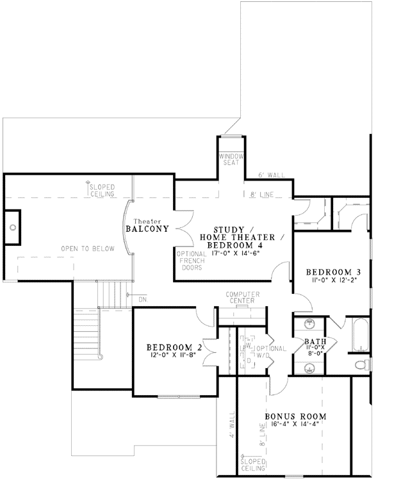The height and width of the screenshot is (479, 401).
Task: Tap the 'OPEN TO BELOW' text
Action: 88,248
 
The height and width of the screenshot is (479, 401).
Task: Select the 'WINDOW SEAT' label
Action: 229,159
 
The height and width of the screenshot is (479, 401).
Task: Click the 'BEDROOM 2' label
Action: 175,348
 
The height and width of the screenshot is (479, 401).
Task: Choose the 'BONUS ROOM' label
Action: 295,416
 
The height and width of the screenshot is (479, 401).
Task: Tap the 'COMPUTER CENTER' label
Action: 240,298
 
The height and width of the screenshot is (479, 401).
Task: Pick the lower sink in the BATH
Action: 309,367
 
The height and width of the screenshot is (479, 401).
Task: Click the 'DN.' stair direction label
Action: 142,298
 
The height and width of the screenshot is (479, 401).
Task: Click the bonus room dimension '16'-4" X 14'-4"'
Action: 295,425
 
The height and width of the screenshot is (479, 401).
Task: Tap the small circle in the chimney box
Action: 13,227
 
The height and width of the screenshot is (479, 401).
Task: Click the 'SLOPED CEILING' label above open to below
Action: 102,190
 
